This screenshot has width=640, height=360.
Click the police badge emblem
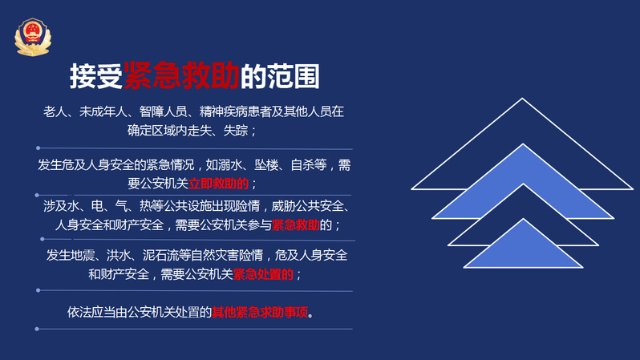tap(33, 37)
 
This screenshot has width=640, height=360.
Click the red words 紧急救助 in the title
tap(181, 76)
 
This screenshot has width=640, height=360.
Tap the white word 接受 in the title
tap(96, 76)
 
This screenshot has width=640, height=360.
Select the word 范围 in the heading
tap(293, 76)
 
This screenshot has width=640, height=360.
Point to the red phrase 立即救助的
tap(218, 184)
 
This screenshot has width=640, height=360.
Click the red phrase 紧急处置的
tap(263, 274)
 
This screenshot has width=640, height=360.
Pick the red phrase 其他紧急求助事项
tap(260, 312)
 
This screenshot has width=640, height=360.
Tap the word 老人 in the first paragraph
tap(55, 111)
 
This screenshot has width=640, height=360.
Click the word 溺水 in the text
tap(230, 165)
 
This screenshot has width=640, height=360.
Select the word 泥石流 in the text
tap(160, 255)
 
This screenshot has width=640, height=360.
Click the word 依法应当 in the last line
tap(91, 312)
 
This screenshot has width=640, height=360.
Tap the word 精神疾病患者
tap(236, 111)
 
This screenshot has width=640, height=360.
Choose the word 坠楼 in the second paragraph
tap(266, 165)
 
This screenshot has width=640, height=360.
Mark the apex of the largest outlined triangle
tap(522, 99)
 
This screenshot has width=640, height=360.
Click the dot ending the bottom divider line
tap(37, 329)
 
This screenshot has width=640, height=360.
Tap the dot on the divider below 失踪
tap(38, 148)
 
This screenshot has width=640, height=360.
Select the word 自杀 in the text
tap(302, 165)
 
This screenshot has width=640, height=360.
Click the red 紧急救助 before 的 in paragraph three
tap(296, 224)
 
